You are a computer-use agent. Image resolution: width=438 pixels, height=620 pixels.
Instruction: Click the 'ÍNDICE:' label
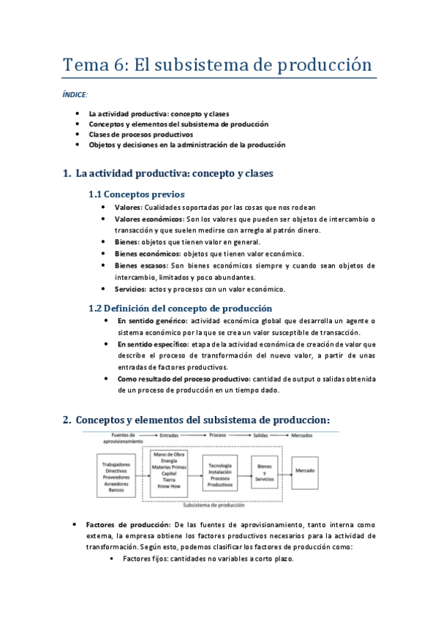(75, 95)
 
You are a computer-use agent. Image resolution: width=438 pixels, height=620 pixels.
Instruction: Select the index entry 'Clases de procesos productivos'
(140, 135)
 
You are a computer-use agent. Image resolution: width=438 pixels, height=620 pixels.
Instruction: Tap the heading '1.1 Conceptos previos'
(136, 194)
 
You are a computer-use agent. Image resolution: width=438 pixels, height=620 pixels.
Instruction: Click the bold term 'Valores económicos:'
(148, 219)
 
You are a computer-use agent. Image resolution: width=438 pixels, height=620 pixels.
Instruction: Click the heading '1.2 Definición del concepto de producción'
(180, 308)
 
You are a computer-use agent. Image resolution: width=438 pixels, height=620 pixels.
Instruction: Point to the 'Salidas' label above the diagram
(262, 435)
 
